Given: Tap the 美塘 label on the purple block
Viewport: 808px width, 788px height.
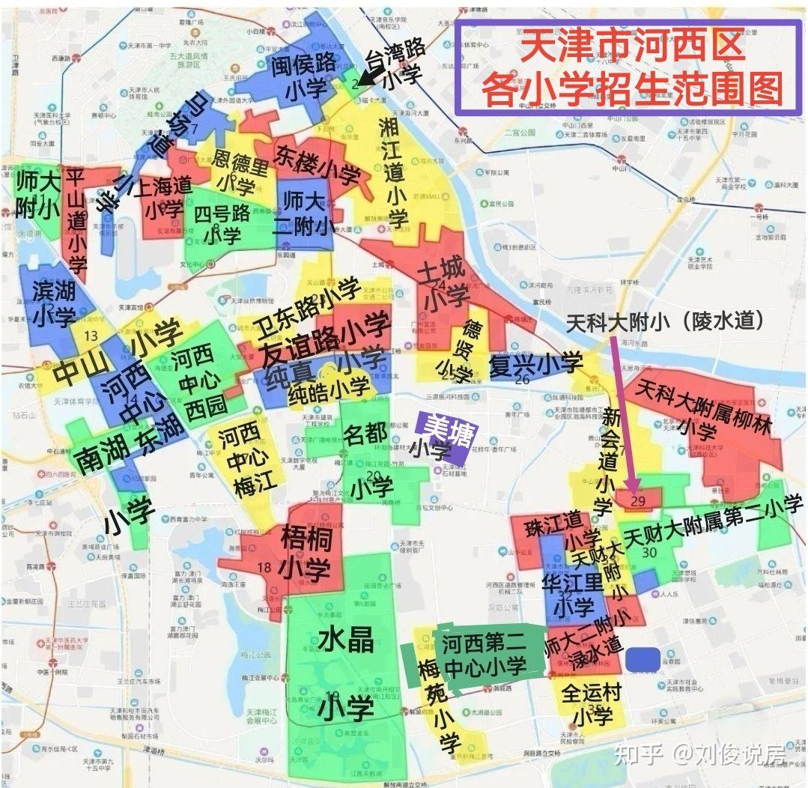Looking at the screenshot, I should click(x=445, y=428).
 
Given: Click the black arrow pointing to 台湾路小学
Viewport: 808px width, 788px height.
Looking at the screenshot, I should click(x=368, y=73).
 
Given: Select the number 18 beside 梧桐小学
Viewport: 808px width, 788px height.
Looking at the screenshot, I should click(x=264, y=567).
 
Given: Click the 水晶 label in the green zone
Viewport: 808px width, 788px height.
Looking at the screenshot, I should click(x=345, y=639).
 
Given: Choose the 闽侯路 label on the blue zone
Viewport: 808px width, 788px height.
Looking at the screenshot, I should click(x=303, y=64).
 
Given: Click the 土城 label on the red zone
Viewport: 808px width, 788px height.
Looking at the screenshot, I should click(x=442, y=269).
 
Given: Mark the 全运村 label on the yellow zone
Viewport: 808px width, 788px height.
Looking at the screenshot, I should click(x=592, y=693).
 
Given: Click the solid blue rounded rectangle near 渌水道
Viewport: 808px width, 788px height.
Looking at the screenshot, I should click(x=643, y=659).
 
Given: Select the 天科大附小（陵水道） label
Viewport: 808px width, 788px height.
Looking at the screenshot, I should click(x=664, y=323).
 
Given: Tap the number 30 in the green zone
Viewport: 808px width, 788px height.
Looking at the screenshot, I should click(x=649, y=552).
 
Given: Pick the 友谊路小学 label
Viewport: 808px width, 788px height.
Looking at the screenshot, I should click(x=325, y=341).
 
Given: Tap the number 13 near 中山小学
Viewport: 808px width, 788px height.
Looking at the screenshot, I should click(x=91, y=335).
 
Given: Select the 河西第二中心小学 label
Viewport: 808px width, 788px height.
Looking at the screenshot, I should click(x=484, y=653).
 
